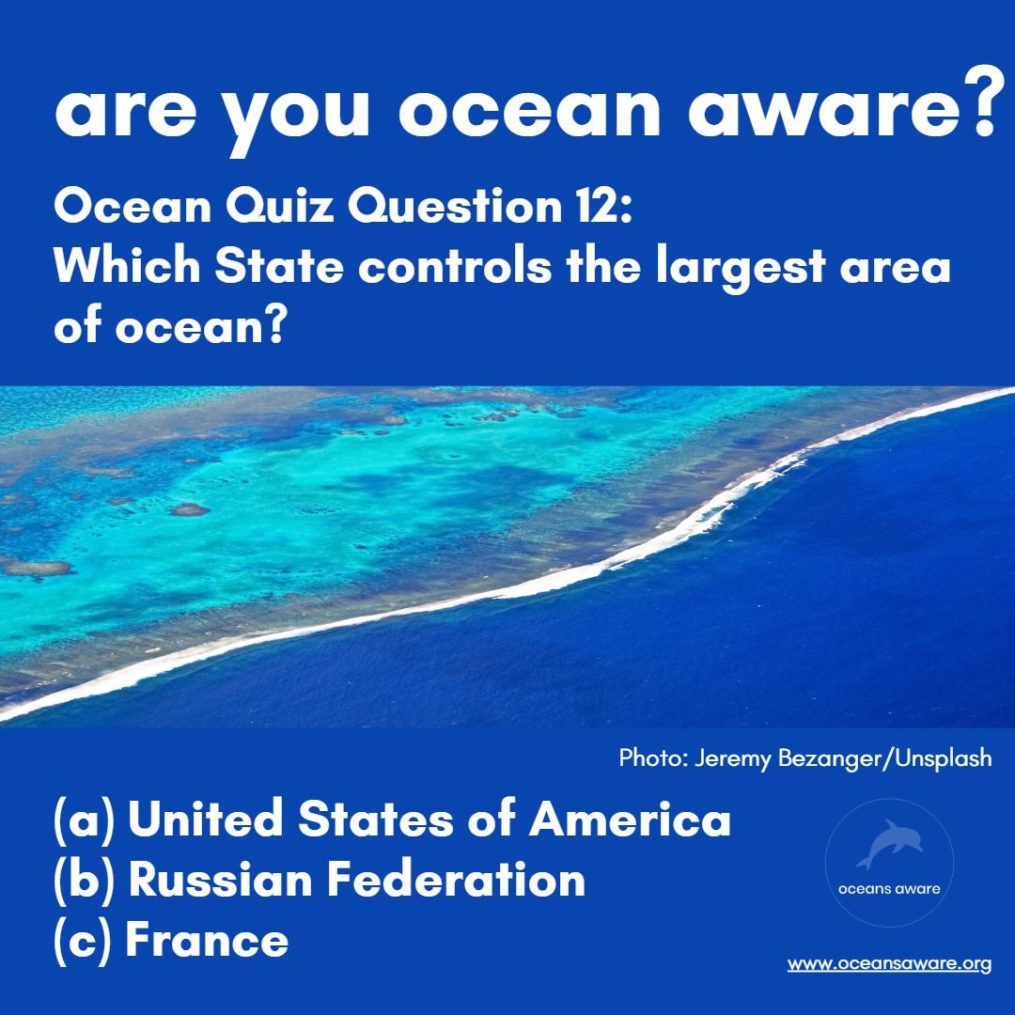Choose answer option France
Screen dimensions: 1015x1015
(x=206, y=940)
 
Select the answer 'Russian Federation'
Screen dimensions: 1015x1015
(x=356, y=880)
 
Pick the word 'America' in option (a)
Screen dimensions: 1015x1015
(x=630, y=820)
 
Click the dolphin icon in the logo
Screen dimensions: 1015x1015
(x=889, y=843)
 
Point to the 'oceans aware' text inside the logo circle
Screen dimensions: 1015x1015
(x=889, y=889)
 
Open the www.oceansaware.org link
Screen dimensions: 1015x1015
(x=889, y=964)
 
